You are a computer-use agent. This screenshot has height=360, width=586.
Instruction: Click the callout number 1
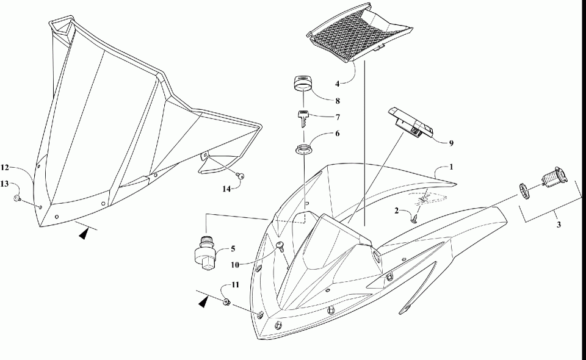452,167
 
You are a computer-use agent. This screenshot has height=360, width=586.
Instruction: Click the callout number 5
231,249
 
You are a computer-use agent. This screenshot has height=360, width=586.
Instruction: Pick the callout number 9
451,143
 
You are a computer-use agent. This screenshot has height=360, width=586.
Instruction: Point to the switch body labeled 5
205,252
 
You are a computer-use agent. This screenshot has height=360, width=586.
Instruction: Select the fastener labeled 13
18,198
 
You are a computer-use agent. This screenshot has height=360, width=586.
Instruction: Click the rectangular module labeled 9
411,124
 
